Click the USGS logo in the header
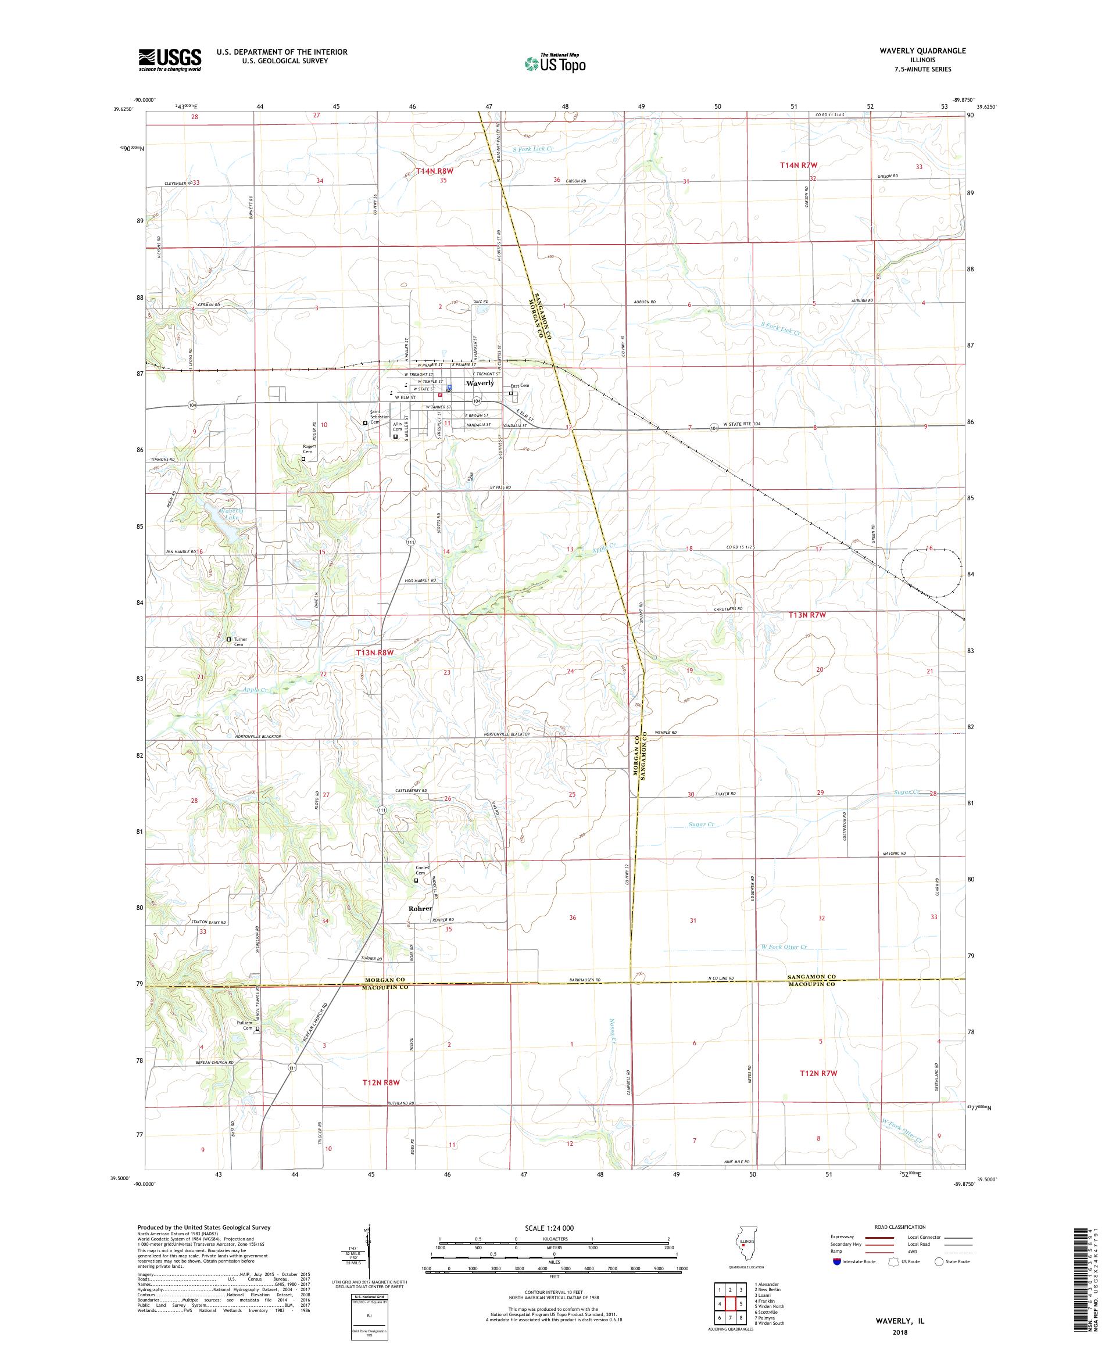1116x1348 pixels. click(x=170, y=60)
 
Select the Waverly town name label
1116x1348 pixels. click(x=480, y=383)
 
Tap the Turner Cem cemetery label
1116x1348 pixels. click(x=239, y=642)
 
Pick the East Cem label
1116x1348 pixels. click(x=520, y=386)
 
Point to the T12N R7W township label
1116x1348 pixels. click(x=819, y=1073)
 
